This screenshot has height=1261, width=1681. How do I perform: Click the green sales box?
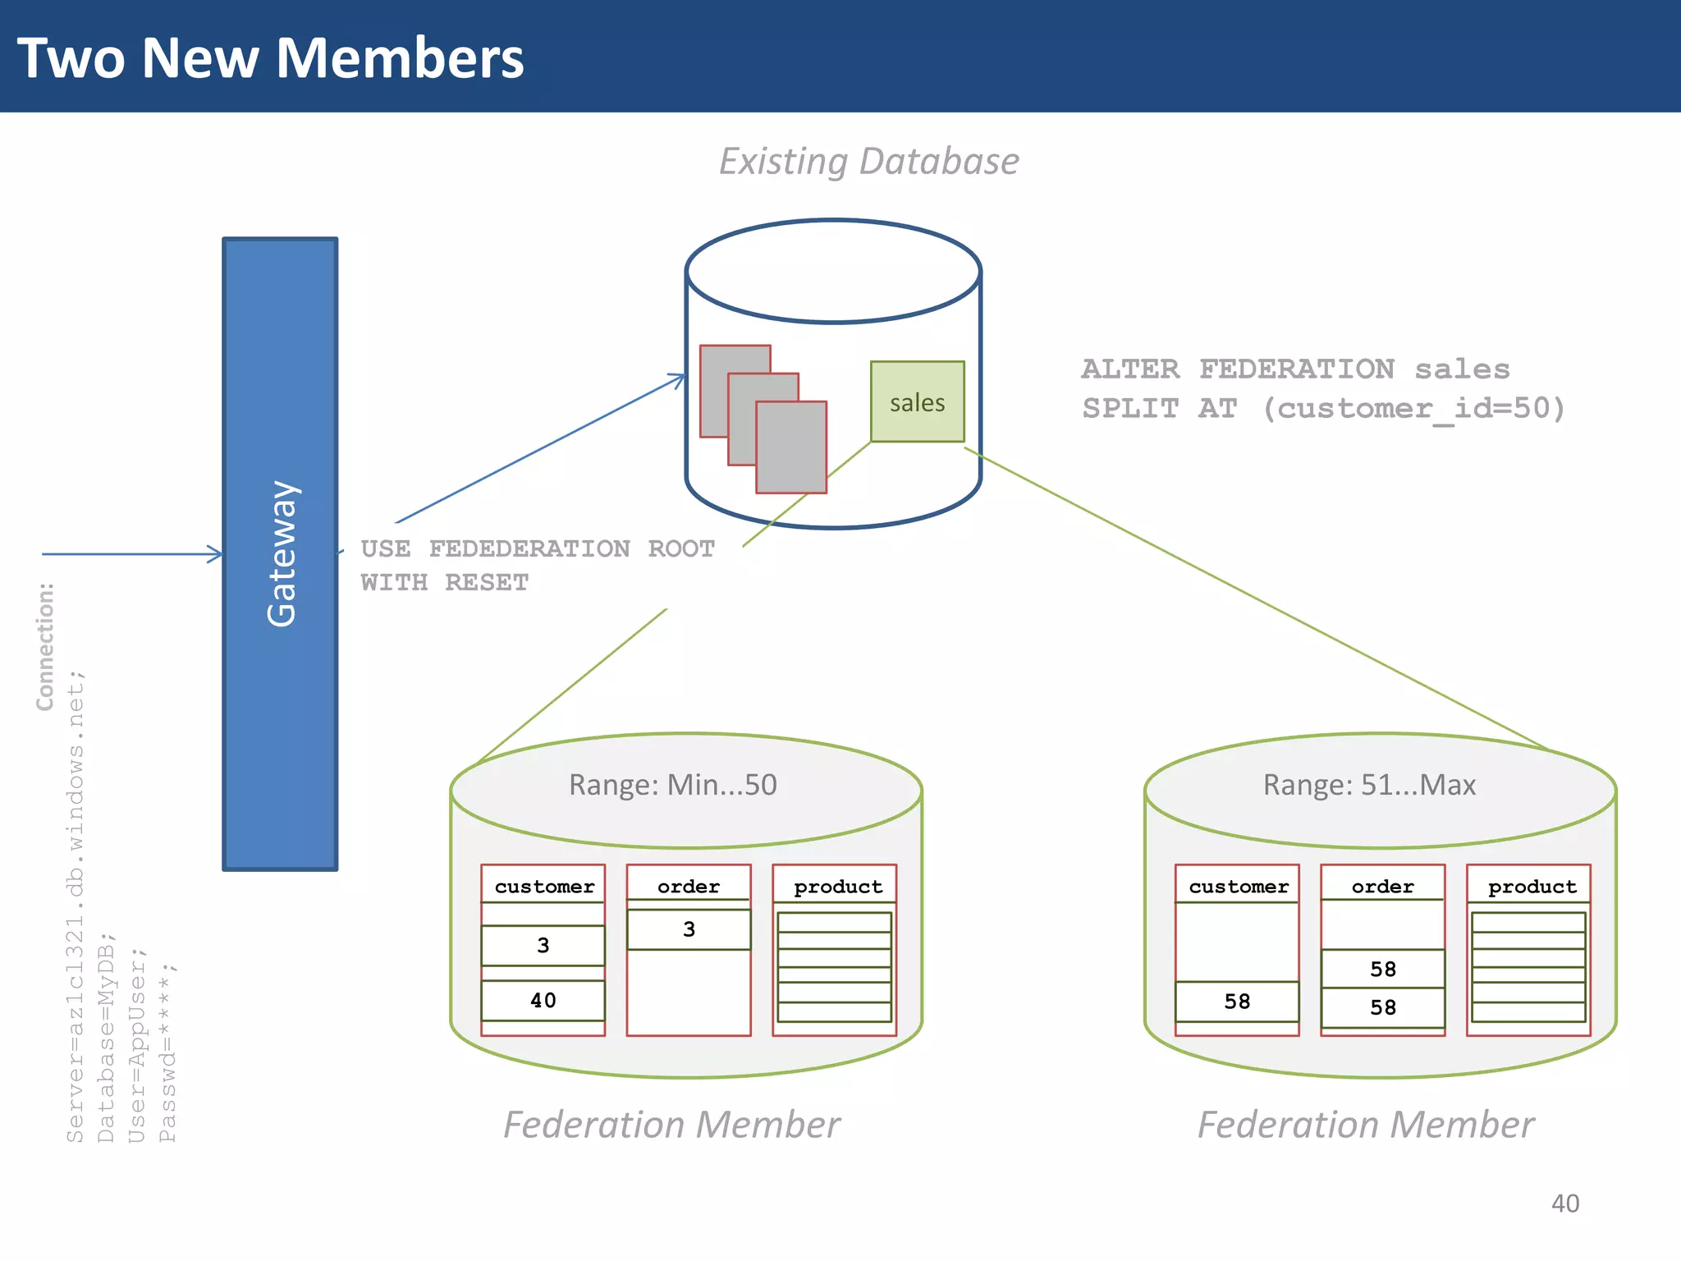(917, 401)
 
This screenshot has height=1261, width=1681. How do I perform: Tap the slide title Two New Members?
(270, 58)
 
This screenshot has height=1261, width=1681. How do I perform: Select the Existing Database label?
(868, 161)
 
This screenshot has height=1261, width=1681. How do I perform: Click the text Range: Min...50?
(672, 785)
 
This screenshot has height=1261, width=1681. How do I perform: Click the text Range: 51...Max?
(1368, 785)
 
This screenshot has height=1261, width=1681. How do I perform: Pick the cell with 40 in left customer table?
(543, 1000)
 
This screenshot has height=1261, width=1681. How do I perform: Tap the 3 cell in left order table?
(689, 929)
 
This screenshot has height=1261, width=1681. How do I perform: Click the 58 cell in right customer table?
(1236, 1002)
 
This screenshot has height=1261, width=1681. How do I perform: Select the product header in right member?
(1532, 887)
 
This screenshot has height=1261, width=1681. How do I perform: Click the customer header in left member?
(544, 887)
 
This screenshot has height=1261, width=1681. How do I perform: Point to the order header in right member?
(1382, 887)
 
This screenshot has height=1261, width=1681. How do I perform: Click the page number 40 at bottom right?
(1564, 1204)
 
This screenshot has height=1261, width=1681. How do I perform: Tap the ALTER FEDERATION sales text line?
(1295, 369)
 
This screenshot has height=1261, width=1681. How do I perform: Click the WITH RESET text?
(444, 583)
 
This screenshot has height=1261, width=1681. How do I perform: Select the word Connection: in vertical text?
(45, 646)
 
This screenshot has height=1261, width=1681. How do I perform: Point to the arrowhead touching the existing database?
(680, 378)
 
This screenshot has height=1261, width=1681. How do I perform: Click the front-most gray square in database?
(790, 447)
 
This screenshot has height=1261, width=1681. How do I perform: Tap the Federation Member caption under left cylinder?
(671, 1125)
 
